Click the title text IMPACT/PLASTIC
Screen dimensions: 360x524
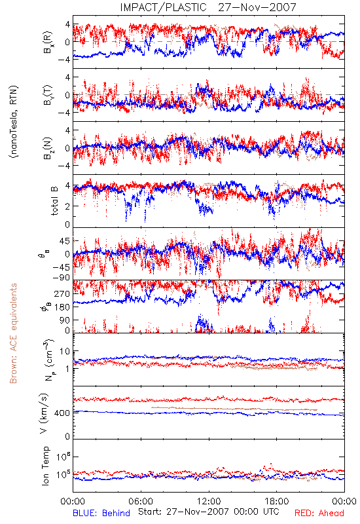pyautogui.click(x=163, y=7)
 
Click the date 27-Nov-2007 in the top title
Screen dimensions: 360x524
pyautogui.click(x=257, y=7)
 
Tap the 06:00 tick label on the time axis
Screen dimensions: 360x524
pyautogui.click(x=141, y=501)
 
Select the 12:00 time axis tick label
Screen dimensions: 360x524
pyautogui.click(x=209, y=501)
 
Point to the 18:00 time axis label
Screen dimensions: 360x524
pyautogui.click(x=277, y=501)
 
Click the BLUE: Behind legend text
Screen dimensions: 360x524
pyautogui.click(x=101, y=513)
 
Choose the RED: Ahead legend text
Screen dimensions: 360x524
pyautogui.click(x=319, y=513)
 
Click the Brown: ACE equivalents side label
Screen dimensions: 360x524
pyautogui.click(x=13, y=333)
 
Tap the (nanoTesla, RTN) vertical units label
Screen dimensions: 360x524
pyautogui.click(x=14, y=122)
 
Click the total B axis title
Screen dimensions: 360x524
pyautogui.click(x=54, y=201)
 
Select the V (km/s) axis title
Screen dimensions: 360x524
pyautogui.click(x=44, y=414)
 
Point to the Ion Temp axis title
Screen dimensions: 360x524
pyautogui.click(x=45, y=466)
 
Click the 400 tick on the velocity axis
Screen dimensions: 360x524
pyautogui.click(x=62, y=413)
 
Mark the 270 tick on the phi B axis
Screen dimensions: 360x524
pyautogui.click(x=62, y=294)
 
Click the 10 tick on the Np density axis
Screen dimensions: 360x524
pyautogui.click(x=65, y=352)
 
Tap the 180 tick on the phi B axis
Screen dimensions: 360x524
pyautogui.click(x=62, y=307)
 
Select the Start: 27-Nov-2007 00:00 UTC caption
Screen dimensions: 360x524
pyautogui.click(x=209, y=512)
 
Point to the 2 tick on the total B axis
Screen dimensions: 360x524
pyautogui.click(x=67, y=206)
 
